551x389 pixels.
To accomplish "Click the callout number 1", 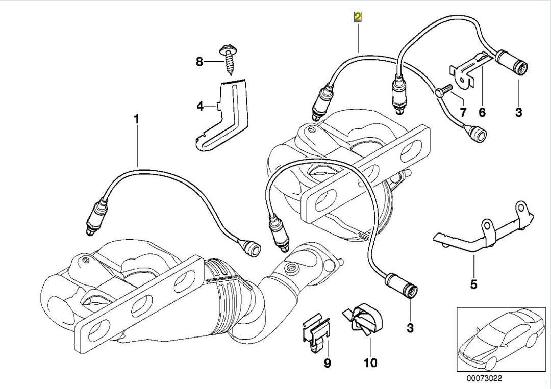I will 136,119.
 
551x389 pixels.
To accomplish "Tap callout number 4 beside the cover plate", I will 199,106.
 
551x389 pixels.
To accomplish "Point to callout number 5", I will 473,284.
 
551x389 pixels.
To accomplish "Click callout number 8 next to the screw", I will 199,62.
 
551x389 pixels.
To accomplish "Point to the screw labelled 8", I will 225,61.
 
